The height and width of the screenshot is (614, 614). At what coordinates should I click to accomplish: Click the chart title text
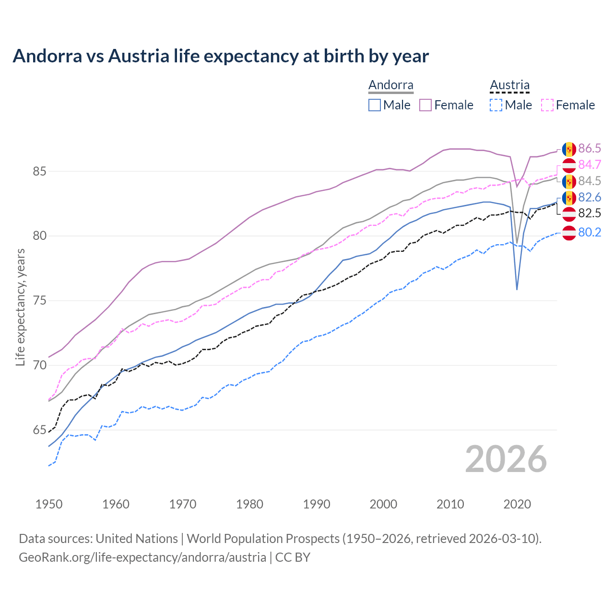(x=221, y=56)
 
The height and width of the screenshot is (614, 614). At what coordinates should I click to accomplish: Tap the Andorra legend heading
(x=390, y=85)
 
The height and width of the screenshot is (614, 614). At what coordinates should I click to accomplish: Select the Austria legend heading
(x=509, y=85)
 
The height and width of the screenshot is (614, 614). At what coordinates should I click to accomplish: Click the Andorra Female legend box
(x=425, y=105)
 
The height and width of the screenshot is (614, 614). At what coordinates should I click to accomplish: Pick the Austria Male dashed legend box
(x=496, y=105)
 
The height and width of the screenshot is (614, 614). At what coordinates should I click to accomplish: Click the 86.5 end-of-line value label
(x=589, y=148)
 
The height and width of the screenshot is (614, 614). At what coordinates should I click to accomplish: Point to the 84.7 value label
(x=589, y=165)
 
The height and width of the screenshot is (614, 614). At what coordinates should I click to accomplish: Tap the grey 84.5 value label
(x=589, y=181)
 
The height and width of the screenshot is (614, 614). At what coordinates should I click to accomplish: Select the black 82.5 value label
(x=589, y=213)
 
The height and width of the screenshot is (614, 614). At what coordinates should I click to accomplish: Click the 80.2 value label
(x=589, y=232)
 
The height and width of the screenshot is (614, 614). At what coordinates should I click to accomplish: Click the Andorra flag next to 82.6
(x=569, y=198)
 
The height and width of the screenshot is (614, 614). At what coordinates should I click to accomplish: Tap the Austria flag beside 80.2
(x=569, y=233)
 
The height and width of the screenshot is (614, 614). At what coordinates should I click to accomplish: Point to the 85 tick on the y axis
(x=39, y=171)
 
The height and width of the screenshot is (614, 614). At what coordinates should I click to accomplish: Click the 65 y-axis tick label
(x=39, y=430)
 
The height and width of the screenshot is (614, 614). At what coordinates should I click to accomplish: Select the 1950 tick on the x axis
(x=49, y=504)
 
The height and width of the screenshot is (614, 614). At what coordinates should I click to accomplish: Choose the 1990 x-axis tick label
(x=317, y=504)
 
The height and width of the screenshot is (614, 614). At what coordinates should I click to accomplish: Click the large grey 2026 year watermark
(x=506, y=459)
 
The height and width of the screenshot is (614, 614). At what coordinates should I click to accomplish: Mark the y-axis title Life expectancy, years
(x=20, y=307)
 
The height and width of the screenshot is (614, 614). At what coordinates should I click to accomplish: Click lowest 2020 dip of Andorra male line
(x=517, y=289)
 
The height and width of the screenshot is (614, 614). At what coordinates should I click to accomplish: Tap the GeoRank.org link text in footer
(x=142, y=557)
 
